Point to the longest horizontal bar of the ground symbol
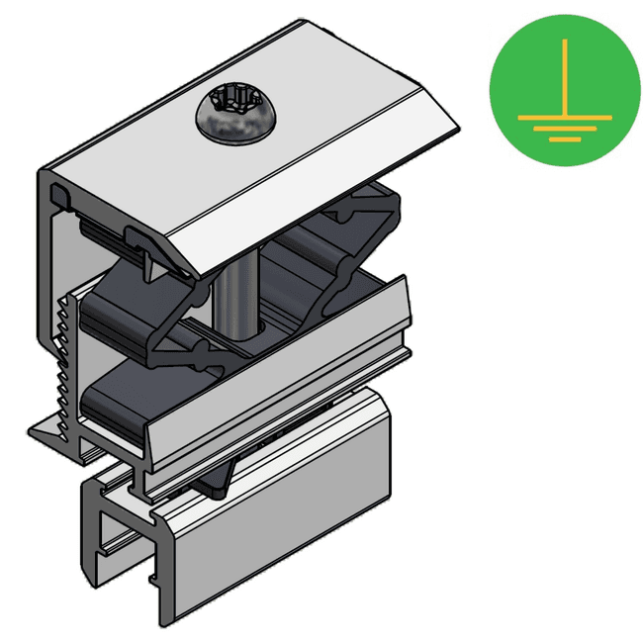point(564,117)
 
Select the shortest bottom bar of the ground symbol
point(564,139)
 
